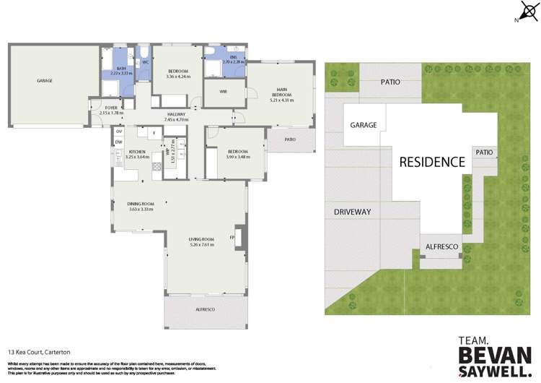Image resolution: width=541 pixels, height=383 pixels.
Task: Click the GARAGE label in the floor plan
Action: tap(45, 80)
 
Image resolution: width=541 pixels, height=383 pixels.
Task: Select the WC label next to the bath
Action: tap(145, 63)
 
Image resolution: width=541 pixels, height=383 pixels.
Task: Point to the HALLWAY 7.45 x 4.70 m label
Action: tap(175, 116)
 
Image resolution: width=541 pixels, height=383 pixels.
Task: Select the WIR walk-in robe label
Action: tap(223, 91)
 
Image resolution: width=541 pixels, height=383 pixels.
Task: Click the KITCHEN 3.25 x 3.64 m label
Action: tap(137, 155)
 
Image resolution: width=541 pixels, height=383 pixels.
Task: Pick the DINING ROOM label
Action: tap(142, 206)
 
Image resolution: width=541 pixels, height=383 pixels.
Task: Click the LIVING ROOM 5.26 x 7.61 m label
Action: tap(203, 242)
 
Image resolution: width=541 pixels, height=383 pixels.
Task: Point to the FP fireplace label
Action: tap(232, 238)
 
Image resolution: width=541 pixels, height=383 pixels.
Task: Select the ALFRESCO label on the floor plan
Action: tap(205, 309)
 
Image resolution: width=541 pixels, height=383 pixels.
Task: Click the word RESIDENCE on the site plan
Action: tap(433, 162)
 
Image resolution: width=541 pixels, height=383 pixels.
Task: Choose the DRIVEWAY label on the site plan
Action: tap(352, 212)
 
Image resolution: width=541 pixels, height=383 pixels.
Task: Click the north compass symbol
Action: tap(525, 12)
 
